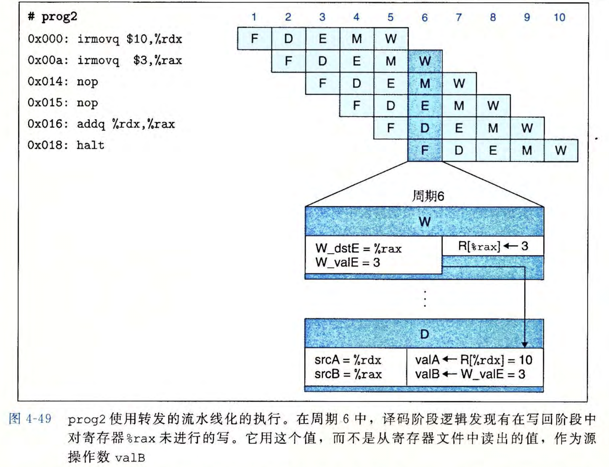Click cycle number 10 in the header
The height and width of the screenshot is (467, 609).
pyautogui.click(x=559, y=17)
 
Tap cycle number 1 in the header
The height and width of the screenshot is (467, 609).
pyautogui.click(x=254, y=17)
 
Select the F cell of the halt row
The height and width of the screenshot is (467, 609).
pyautogui.click(x=424, y=150)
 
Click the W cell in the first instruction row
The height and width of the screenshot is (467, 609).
pyautogui.click(x=391, y=39)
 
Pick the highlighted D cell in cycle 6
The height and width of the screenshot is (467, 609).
pyautogui.click(x=424, y=128)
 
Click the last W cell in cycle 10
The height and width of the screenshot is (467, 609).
pyautogui.click(x=561, y=150)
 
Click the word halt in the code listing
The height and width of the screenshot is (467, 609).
pyautogui.click(x=90, y=145)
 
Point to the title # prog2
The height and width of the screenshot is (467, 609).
pyautogui.click(x=53, y=17)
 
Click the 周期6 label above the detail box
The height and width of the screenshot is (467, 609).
pyautogui.click(x=428, y=196)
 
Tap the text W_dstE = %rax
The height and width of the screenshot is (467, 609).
pyautogui.click(x=358, y=248)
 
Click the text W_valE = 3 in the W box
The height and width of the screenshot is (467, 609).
pyautogui.click(x=348, y=263)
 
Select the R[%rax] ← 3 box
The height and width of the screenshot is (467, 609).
pyautogui.click(x=493, y=246)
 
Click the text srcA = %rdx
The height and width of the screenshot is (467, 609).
pyautogui.click(x=347, y=360)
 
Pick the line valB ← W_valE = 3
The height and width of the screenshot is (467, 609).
pyautogui.click(x=470, y=374)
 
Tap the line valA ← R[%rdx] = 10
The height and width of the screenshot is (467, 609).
pyautogui.click(x=473, y=360)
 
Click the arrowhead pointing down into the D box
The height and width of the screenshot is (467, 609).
pyautogui.click(x=524, y=345)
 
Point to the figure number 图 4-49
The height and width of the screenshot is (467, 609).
pyautogui.click(x=30, y=419)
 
